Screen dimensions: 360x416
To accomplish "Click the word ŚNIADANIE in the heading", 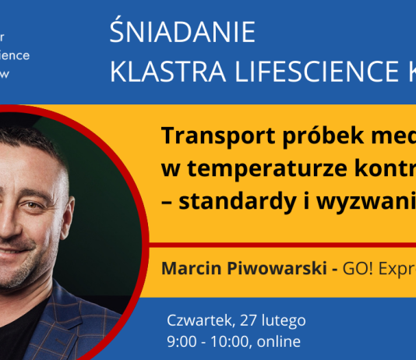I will [182, 34].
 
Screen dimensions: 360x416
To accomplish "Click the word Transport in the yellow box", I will [210, 136].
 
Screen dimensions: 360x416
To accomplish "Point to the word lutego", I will [284, 320].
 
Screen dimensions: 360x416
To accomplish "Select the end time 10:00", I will [226, 341].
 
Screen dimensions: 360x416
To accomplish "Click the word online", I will [278, 341].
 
